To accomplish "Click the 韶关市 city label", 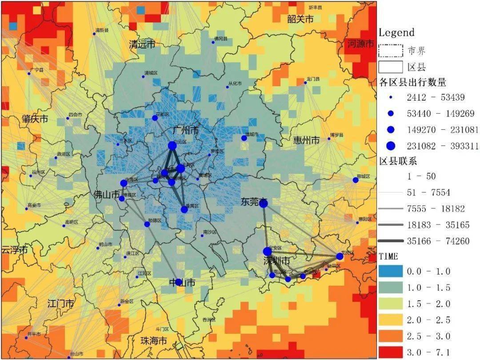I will coord(300,19).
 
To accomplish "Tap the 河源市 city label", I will coord(361,44).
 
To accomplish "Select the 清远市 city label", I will coord(142,44).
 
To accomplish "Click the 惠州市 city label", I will coord(306,140).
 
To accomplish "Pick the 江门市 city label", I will coord(60,304).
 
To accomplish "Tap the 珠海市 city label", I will coord(153,341).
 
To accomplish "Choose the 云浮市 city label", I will coord(13,250).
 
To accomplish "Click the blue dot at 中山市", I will coord(179,282).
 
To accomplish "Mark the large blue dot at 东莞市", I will coord(263,204).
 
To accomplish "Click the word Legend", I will coord(396,32).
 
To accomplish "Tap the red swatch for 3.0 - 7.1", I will coord(391,352).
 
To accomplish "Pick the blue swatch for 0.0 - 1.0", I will coord(391,271).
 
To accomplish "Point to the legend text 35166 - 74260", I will coord(438,241).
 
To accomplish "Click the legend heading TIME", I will coord(388,257).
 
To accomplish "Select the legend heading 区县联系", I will coord(398,161).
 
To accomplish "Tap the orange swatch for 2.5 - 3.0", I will coord(391,336).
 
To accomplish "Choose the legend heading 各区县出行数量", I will coord(413,82).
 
